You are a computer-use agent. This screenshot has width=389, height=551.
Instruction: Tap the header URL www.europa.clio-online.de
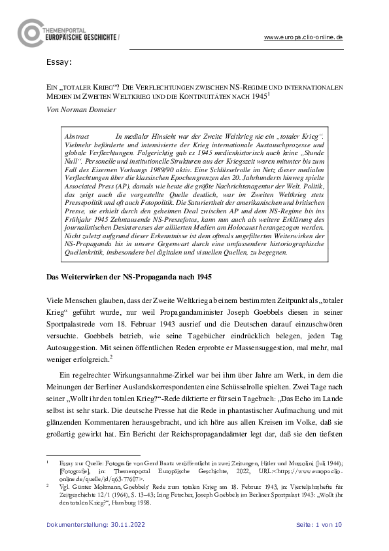tap(303, 38)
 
